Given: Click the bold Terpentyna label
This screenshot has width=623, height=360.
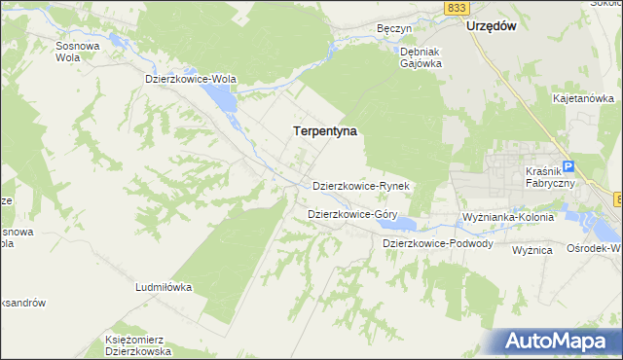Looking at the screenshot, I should pos(325,129).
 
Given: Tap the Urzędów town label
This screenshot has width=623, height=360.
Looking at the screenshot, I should pos(491,27).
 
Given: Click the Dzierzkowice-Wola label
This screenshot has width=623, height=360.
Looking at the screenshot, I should pos(191,79).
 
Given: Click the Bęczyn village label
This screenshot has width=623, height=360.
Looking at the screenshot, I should pos(394,29).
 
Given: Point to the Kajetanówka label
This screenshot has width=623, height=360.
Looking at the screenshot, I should pos(583,98).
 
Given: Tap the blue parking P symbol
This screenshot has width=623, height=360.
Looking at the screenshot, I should pos(569,166).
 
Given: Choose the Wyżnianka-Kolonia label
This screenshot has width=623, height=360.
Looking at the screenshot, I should pos(507,216).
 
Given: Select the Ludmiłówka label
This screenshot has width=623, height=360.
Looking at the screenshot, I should pos(164,288).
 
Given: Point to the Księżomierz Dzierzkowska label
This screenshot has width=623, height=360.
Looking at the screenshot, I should pos(137,345).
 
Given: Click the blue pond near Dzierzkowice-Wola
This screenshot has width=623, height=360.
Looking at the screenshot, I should pos(219,97).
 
